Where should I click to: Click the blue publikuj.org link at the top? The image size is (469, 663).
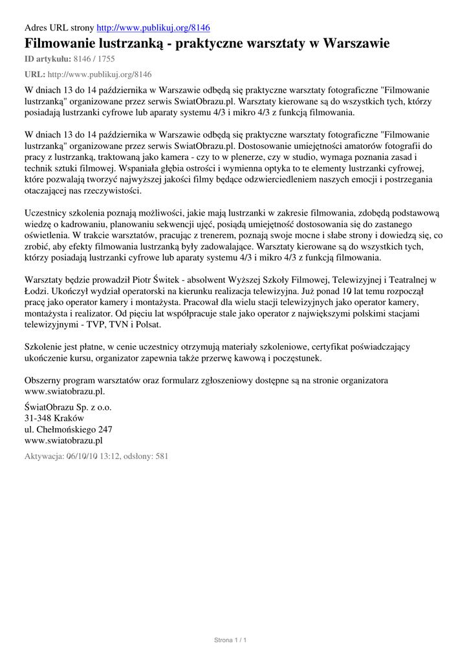point(153,28)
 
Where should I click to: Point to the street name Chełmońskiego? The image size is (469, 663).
point(63,429)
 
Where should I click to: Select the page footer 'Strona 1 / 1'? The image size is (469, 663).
point(231,640)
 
